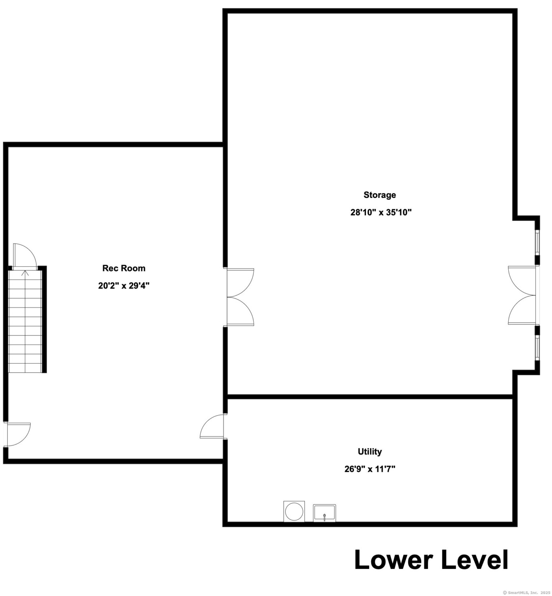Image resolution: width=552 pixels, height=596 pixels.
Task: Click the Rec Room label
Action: click(x=124, y=268)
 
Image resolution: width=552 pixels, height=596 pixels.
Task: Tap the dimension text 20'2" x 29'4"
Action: click(x=124, y=286)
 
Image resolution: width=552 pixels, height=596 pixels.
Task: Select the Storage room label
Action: click(x=380, y=195)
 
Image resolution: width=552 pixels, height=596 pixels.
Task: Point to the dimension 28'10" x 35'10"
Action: click(x=381, y=212)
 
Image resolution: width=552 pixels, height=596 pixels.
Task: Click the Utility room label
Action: click(x=370, y=451)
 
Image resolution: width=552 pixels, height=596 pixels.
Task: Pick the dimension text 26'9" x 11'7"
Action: click(x=370, y=469)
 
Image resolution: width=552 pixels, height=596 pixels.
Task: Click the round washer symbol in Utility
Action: click(x=294, y=511)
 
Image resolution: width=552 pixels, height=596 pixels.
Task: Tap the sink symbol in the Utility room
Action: click(x=324, y=513)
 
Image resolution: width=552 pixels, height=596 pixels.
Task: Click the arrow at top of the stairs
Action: click(x=25, y=273)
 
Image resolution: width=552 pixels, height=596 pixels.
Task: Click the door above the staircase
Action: click(x=25, y=257)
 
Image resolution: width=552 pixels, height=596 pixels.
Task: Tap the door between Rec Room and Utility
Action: click(x=212, y=426)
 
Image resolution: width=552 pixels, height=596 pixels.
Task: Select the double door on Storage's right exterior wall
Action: click(x=523, y=295)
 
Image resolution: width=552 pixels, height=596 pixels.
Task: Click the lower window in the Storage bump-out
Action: click(x=537, y=348)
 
